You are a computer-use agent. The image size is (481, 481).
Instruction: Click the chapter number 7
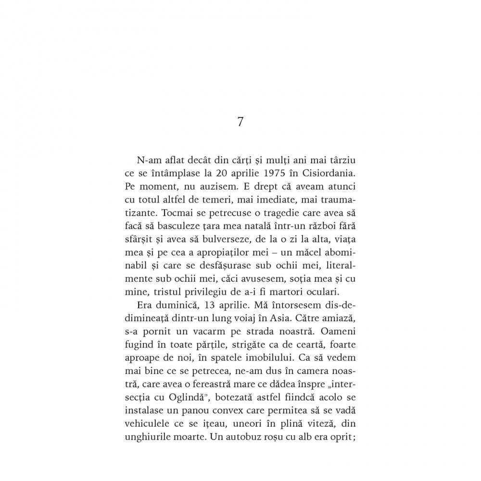point(240,122)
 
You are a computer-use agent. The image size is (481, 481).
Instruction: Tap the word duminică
point(174,304)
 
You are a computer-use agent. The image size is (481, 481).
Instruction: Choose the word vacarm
point(207,329)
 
